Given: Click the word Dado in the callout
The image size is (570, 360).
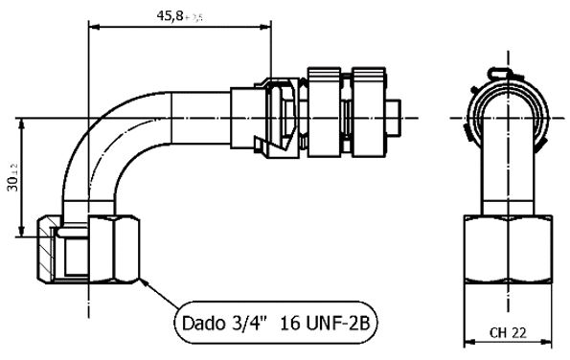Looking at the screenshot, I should click(x=204, y=324).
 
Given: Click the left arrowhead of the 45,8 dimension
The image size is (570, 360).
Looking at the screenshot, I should click(x=92, y=26).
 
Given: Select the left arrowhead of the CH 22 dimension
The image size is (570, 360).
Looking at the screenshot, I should click(x=467, y=342).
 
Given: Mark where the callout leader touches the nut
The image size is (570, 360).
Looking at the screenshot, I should click(x=142, y=281).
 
